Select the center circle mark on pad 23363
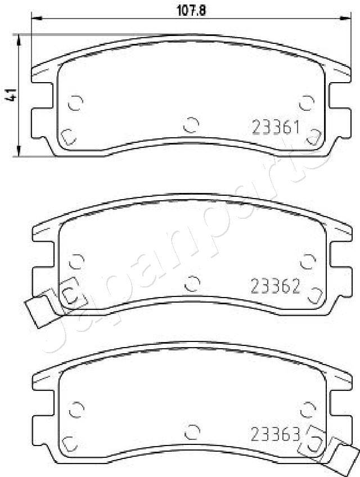(192, 431)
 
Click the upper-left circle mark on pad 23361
(75, 103)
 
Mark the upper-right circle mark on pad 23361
(307, 102)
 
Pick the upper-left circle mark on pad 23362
(75, 261)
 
